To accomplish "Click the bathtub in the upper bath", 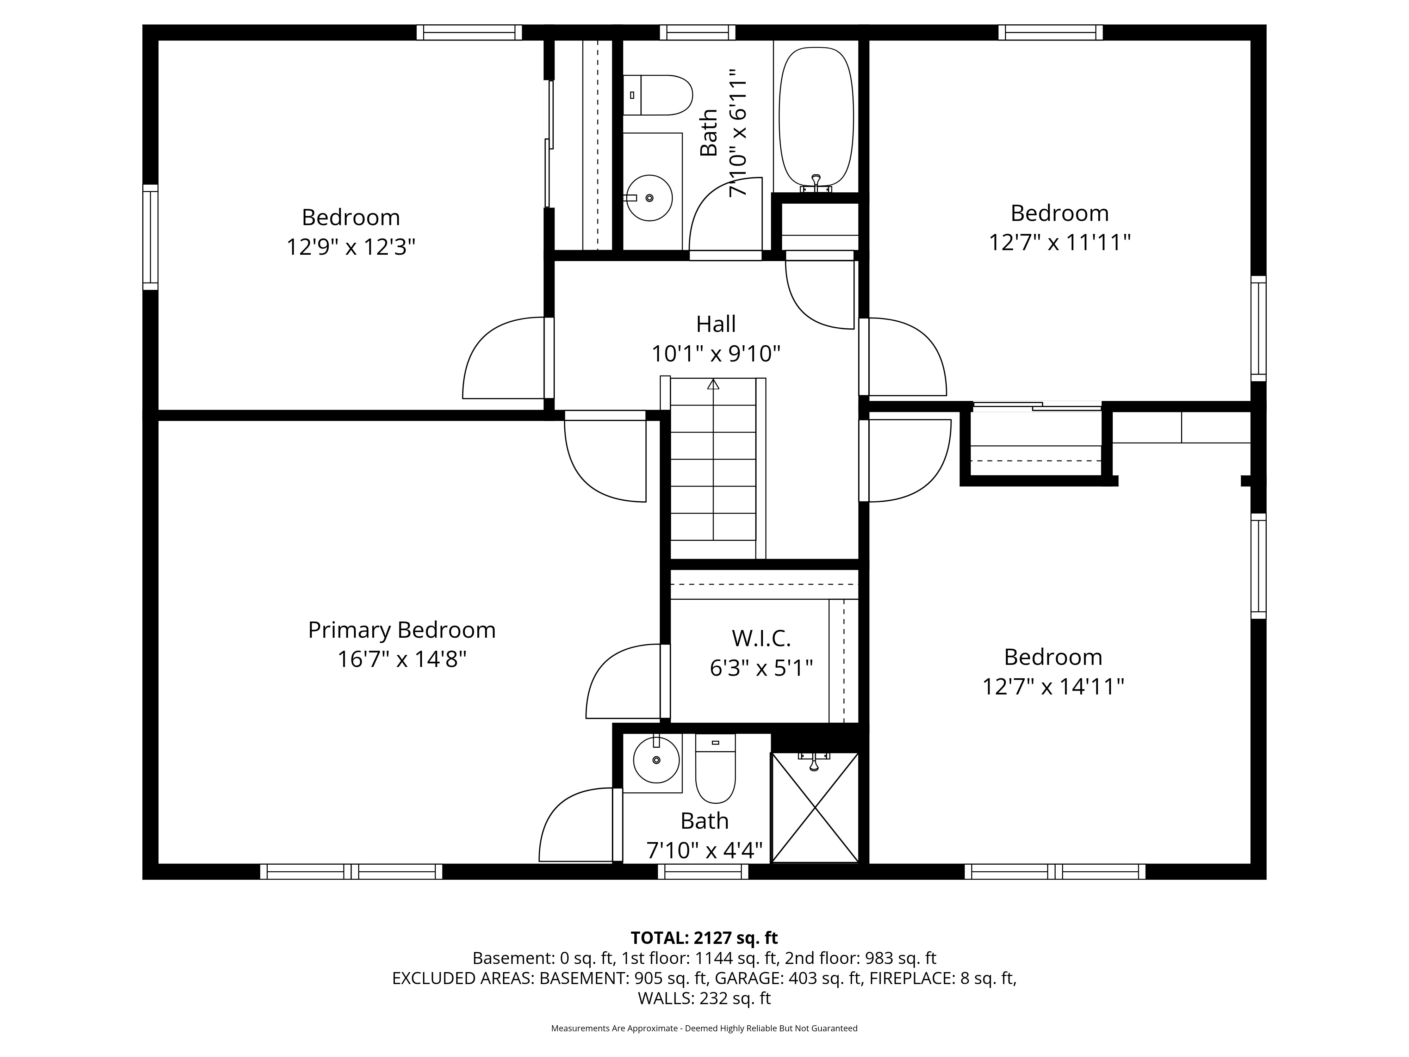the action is [816, 118].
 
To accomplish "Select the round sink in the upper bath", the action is [649, 198].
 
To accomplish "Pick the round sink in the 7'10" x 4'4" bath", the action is [656, 760].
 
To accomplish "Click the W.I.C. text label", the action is [761, 638].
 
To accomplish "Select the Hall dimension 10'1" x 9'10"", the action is [716, 354].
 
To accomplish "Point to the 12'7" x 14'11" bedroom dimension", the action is [1053, 687].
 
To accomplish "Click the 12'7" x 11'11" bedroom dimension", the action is [1059, 243].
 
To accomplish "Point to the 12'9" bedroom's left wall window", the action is [150, 237].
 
